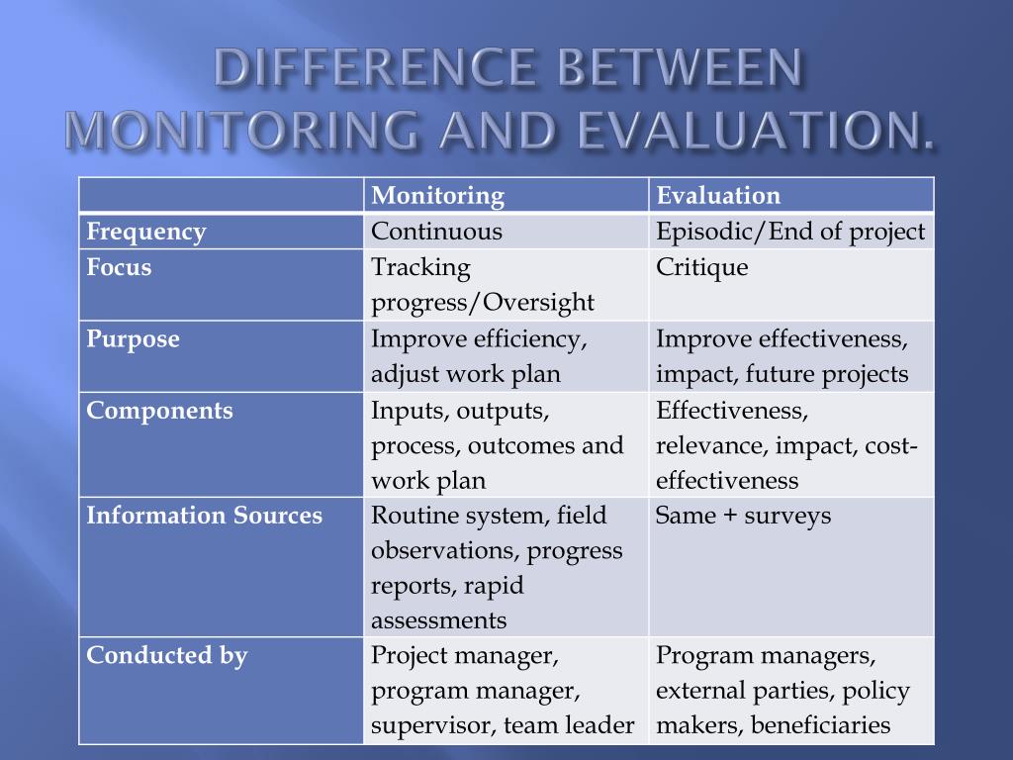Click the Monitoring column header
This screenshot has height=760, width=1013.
(x=437, y=196)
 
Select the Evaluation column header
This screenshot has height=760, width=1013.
(x=718, y=196)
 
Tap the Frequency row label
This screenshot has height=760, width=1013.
(x=146, y=233)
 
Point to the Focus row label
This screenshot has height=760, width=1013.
(x=119, y=267)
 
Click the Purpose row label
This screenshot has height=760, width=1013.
(x=133, y=339)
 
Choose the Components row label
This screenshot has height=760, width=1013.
(x=159, y=411)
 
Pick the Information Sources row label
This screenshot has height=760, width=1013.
(x=204, y=516)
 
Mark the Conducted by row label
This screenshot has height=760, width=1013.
(x=166, y=655)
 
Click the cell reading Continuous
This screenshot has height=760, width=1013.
(x=436, y=233)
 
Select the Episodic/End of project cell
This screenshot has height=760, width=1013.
(x=790, y=233)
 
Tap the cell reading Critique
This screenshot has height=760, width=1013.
(x=702, y=267)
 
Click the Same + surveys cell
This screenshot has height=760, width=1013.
(x=743, y=516)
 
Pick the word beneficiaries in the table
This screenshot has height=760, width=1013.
(x=821, y=725)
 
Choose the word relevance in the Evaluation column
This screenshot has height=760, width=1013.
(x=709, y=446)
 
